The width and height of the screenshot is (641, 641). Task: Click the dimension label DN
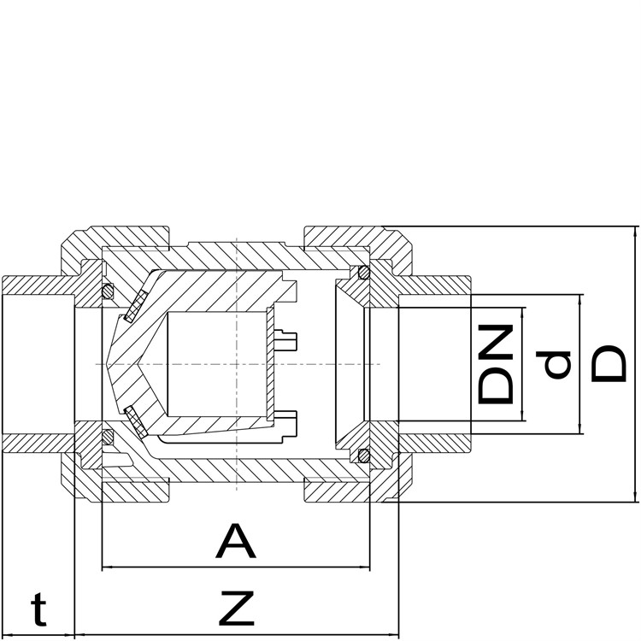pos(496,364)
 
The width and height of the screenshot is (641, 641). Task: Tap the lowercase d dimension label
pos(553,364)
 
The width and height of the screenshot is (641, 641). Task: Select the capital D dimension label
pos(609,364)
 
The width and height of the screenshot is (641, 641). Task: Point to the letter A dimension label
pos(236,540)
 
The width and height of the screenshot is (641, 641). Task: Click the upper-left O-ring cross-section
pos(108,291)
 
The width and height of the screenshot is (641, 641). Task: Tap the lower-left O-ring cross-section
pos(108,436)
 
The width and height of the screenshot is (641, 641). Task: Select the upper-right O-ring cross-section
pos(363,272)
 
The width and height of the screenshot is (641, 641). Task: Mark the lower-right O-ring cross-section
pos(363,455)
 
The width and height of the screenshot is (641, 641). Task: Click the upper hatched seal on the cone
pos(136,305)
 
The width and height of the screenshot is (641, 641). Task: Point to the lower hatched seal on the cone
pos(136,422)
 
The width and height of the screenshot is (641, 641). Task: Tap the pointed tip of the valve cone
pos(105,364)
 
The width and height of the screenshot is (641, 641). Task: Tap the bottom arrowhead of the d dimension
pos(579,428)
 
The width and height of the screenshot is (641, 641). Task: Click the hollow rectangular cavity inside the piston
pos(217,364)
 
